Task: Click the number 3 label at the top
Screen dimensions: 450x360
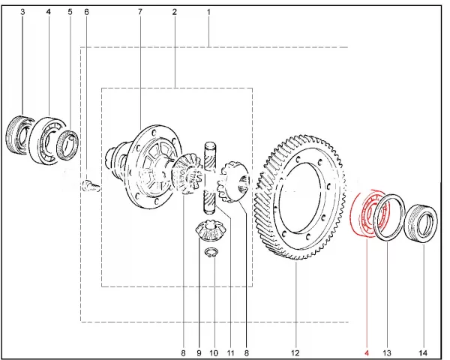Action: tap(22, 12)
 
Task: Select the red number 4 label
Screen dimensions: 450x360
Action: tap(367, 352)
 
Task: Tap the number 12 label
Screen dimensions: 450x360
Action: tap(295, 352)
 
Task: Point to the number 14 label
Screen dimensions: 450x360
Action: tap(423, 352)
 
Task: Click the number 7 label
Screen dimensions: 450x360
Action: tap(140, 12)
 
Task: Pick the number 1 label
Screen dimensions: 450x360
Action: tap(208, 12)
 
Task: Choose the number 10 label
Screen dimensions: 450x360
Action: tap(214, 352)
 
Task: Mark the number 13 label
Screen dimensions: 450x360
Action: tap(387, 352)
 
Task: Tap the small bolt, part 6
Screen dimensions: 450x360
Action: tap(91, 185)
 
